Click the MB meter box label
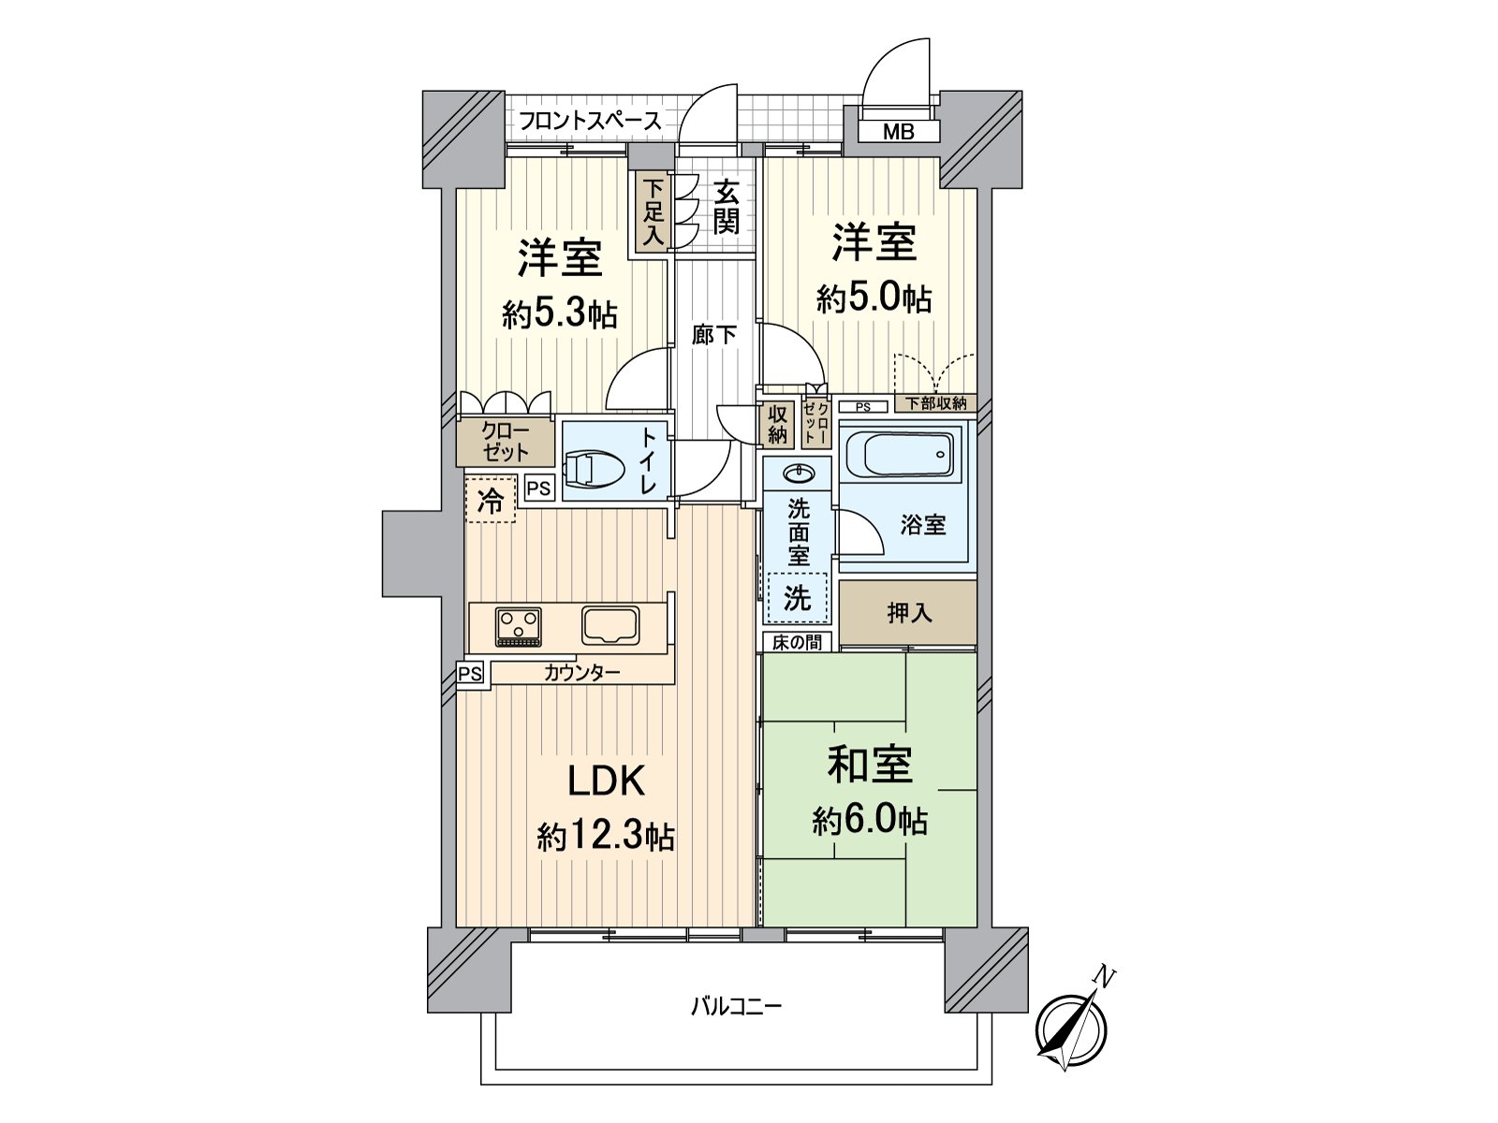[899, 132]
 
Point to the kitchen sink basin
[610, 624]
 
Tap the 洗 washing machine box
[798, 597]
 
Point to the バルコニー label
[736, 1007]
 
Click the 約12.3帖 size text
[606, 836]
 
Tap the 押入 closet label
[909, 613]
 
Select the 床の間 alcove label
[797, 642]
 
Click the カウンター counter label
[581, 672]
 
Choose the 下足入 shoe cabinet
[653, 212]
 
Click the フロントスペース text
[590, 121]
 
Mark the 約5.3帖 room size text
[559, 314]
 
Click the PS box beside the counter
[471, 673]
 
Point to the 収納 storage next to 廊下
[777, 424]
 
